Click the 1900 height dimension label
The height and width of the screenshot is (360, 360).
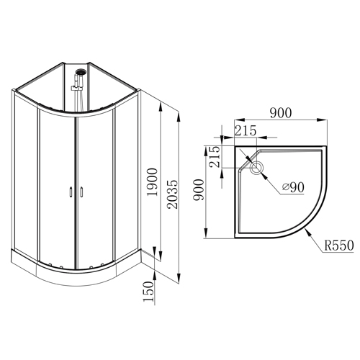[x=153, y=182]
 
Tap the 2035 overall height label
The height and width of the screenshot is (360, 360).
[x=173, y=194]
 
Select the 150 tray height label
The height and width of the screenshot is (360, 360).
[x=148, y=292]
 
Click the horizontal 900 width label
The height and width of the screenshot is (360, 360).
[x=281, y=113]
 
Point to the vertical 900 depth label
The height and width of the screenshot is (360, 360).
[x=199, y=189]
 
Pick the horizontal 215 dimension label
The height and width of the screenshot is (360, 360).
[x=246, y=130]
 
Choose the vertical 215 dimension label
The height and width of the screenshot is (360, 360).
[x=214, y=157]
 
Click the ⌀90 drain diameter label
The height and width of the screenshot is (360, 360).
[x=293, y=187]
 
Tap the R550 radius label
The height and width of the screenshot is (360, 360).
[x=339, y=246]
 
